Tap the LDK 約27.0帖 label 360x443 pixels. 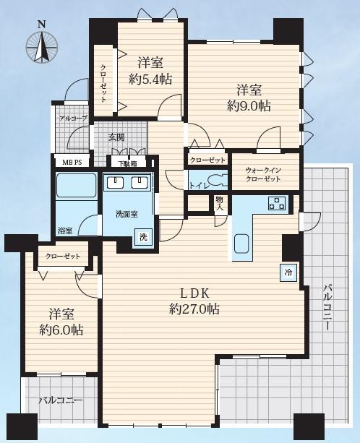coord(194,301)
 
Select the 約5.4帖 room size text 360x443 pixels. coord(150,79)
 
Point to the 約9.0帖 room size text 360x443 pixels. coord(249,106)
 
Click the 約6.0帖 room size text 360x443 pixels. coord(61,330)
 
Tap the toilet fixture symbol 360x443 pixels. coord(218,181)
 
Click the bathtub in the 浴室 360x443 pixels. coord(77,185)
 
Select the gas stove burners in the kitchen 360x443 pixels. coord(277,203)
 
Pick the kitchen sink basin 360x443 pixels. coord(241,244)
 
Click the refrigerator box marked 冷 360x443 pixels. coord(288,272)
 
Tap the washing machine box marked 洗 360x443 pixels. coord(144,237)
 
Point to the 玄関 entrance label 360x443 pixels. coord(116,137)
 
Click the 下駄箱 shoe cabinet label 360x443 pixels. coord(127,163)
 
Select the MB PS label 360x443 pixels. coord(72,163)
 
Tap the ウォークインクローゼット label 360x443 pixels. coord(263,174)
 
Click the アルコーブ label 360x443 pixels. coord(74,119)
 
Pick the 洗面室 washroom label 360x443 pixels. coord(127,214)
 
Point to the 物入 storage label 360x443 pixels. coord(220,203)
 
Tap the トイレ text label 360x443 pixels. coord(199,186)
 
